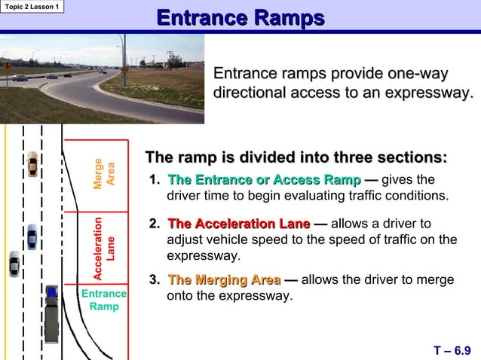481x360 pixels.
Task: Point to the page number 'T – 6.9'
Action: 453,349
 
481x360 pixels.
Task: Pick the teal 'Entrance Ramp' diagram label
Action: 103,300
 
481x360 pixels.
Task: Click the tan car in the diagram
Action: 32,163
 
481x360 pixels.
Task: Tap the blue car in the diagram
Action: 32,236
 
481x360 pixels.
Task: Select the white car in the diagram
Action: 14,264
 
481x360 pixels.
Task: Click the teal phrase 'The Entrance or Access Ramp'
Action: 264,181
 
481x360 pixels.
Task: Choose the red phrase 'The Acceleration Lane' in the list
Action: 238,224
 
